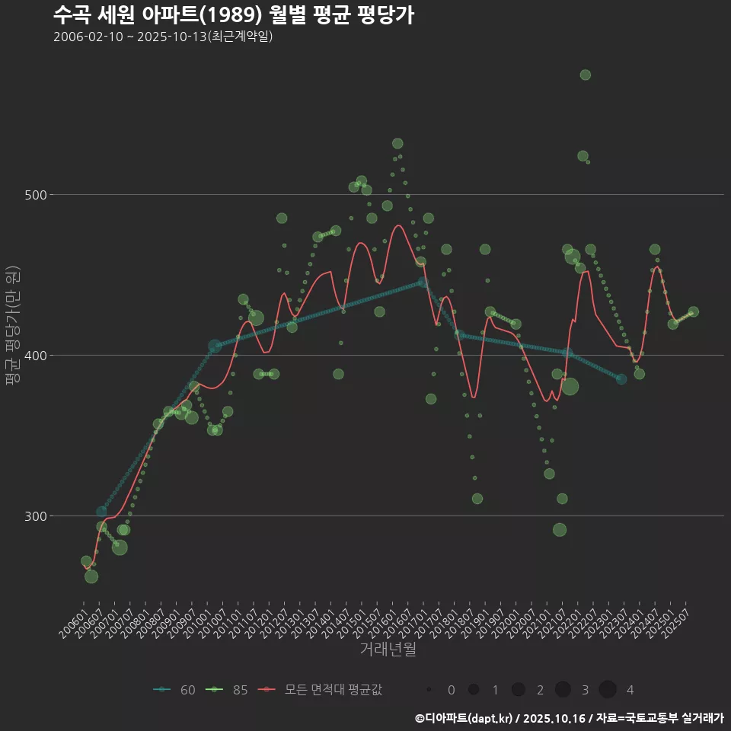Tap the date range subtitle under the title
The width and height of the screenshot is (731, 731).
[x=163, y=37]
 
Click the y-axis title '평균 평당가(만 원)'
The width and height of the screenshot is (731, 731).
[x=11, y=327]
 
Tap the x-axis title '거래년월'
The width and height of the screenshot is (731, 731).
[x=388, y=650]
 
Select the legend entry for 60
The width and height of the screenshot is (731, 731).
[x=175, y=690]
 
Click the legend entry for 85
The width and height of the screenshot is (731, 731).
[x=228, y=690]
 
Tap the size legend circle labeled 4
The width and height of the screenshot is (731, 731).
[x=608, y=690]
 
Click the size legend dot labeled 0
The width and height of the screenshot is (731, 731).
[x=429, y=690]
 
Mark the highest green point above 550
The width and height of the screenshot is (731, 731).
[x=585, y=75]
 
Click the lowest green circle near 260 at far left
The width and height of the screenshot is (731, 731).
[x=91, y=576]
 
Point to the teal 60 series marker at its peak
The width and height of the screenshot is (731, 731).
[x=423, y=283]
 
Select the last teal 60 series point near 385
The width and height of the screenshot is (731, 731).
[x=621, y=378]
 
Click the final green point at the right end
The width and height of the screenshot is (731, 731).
[x=693, y=312]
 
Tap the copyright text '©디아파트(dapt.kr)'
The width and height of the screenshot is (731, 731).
[x=464, y=718]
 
